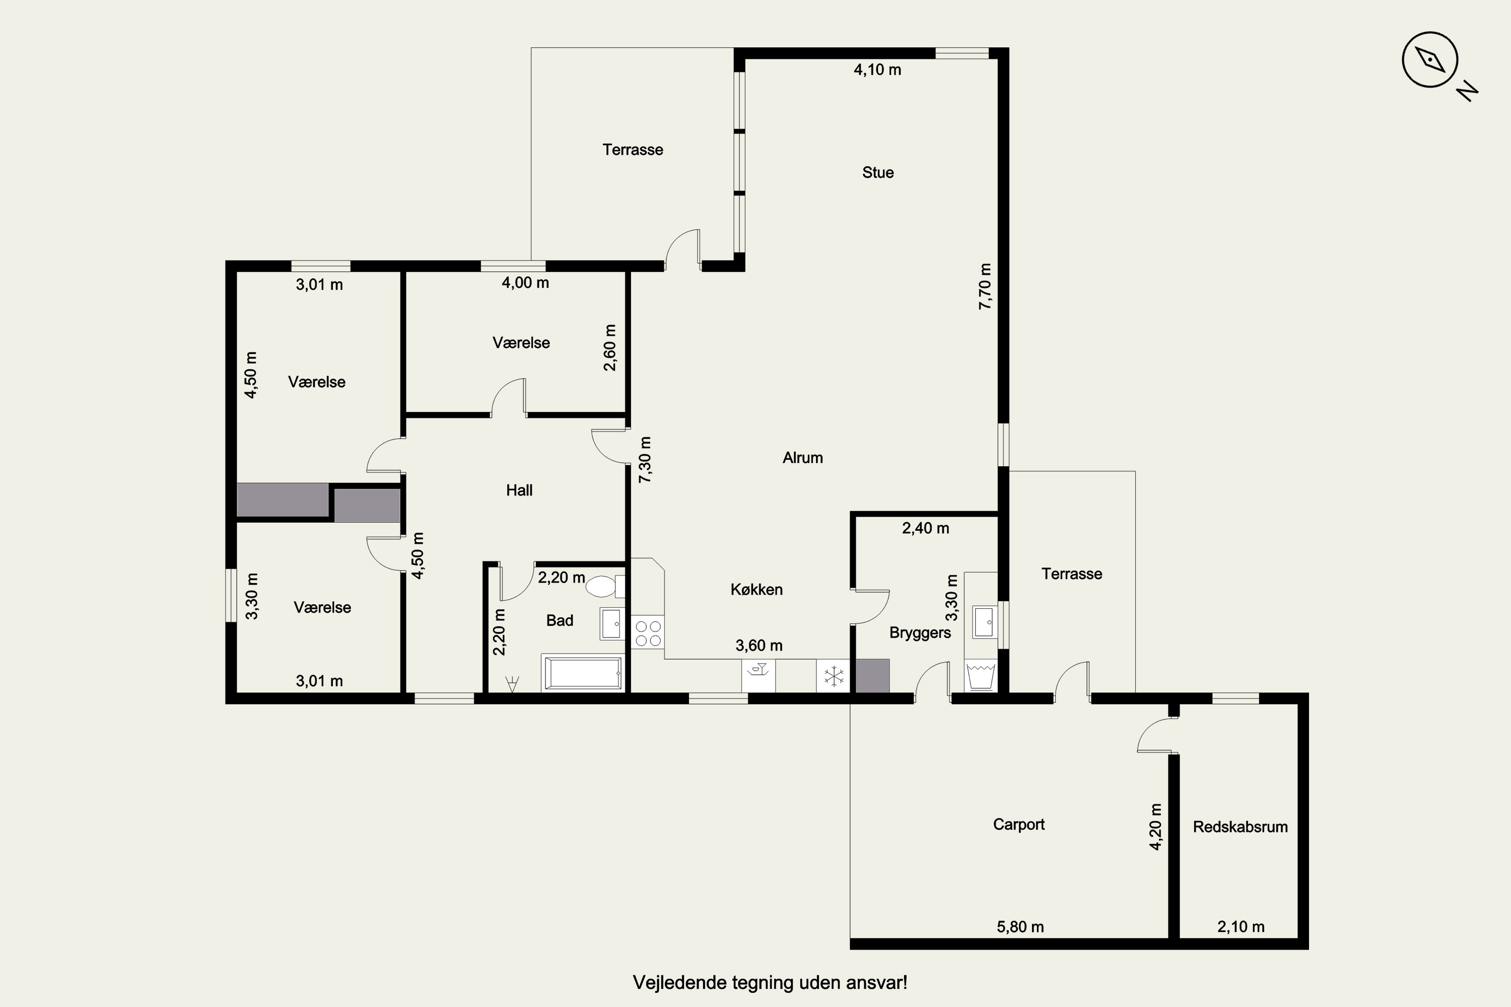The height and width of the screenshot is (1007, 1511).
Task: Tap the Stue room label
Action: click(877, 173)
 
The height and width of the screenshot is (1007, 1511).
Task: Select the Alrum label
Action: click(802, 458)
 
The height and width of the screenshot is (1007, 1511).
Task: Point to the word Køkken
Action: click(756, 590)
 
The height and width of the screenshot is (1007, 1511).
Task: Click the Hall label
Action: click(519, 490)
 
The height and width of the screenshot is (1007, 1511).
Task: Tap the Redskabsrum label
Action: click(1240, 827)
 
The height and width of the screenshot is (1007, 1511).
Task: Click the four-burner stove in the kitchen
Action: click(648, 632)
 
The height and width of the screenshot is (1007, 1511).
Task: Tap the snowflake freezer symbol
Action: click(833, 676)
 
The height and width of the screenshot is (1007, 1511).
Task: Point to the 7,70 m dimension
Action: click(985, 286)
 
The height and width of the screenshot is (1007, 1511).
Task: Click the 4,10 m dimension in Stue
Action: click(877, 70)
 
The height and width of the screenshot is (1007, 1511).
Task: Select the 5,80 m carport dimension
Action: click(1020, 927)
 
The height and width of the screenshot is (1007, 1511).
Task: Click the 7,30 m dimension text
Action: click(645, 460)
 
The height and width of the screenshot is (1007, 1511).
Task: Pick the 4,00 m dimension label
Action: click(525, 283)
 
